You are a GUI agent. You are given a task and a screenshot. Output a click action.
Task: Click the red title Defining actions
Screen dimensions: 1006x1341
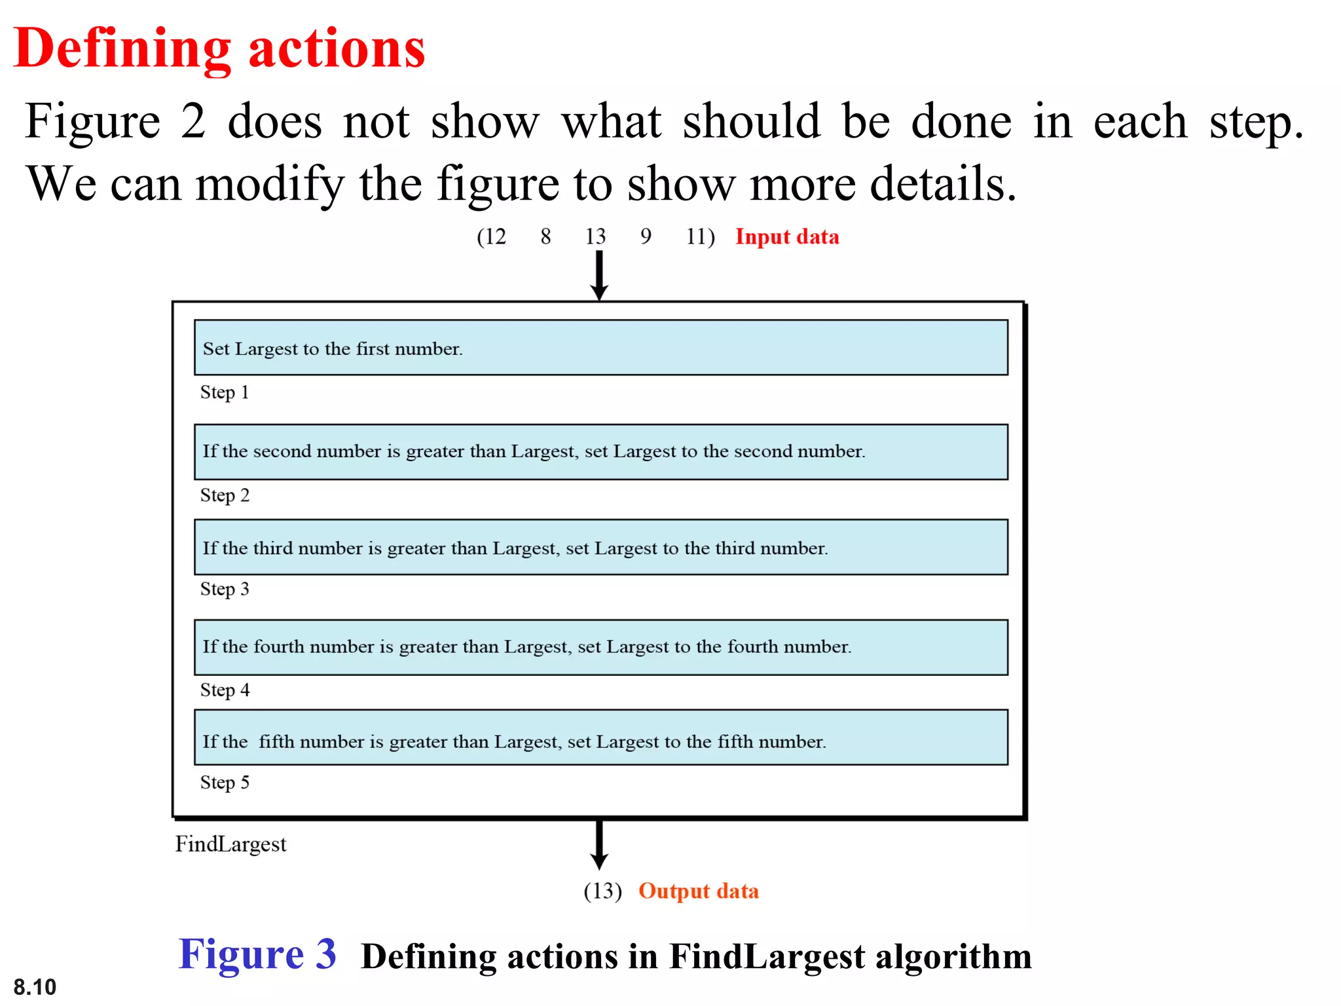point(219,49)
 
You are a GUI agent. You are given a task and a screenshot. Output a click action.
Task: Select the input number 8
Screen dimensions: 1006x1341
point(545,236)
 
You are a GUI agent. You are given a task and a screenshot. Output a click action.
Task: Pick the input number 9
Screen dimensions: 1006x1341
point(646,236)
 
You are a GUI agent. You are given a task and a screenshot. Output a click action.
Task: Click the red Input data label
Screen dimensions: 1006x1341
point(787,236)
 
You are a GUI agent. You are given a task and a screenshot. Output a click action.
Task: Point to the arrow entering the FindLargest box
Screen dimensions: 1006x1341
point(599,275)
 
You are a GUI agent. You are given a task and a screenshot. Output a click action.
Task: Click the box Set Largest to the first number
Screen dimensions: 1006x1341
point(600,348)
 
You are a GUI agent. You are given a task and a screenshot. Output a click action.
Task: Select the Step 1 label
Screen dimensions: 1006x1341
point(225,392)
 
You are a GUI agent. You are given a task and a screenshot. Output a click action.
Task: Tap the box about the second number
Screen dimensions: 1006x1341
point(600,452)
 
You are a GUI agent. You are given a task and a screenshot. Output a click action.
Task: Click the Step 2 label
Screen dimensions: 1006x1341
point(225,495)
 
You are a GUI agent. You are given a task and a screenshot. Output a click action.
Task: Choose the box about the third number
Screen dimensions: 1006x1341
point(600,548)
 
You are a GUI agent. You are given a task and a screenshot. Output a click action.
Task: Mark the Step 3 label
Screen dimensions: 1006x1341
point(225,589)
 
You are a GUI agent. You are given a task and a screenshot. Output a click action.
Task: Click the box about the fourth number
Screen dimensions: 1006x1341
point(600,647)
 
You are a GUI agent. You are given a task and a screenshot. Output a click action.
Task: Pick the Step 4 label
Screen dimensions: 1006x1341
point(225,690)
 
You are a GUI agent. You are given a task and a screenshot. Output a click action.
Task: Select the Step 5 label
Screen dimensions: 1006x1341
point(225,782)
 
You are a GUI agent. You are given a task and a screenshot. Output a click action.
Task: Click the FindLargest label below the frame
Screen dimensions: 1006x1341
point(230,844)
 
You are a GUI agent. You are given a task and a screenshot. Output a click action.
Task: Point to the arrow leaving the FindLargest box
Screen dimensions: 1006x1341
point(599,845)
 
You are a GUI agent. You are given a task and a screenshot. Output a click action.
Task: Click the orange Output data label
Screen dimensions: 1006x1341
point(699,891)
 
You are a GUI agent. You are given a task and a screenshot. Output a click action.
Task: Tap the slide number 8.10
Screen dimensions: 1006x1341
point(35,986)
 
